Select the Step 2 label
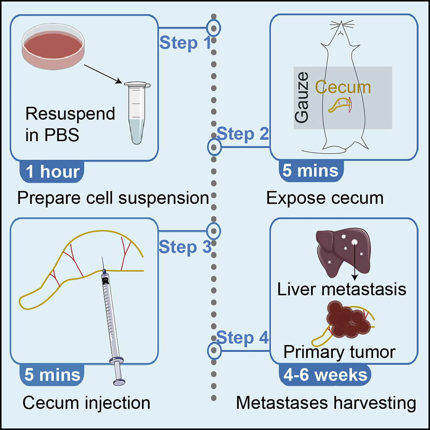pyautogui.click(x=243, y=134)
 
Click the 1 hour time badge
pyautogui.click(x=52, y=171)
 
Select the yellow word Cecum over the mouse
pyautogui.click(x=343, y=88)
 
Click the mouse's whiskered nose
pyautogui.click(x=341, y=30)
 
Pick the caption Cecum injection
pyautogui.click(x=86, y=403)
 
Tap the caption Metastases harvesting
pyautogui.click(x=326, y=403)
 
